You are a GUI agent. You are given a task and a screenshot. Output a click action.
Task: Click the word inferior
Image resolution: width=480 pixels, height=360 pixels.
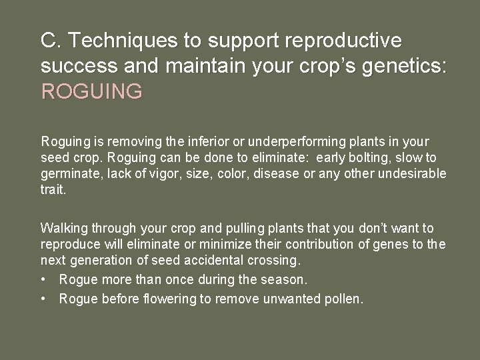(x=204, y=141)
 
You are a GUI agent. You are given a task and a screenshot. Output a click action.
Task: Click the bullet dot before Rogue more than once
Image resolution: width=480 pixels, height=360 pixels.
(x=44, y=279)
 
